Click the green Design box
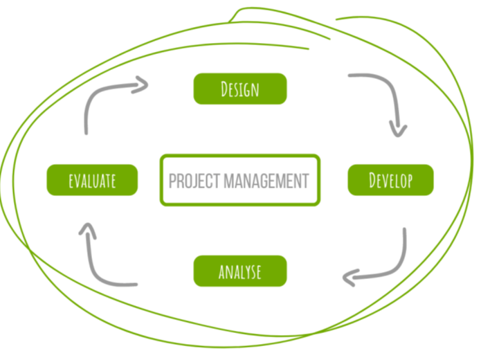tap(239, 89)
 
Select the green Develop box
tap(390, 180)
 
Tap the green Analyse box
tap(239, 271)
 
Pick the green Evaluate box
tap(92, 180)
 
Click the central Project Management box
tap(239, 180)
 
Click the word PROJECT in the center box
tap(194, 181)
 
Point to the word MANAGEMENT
tap(265, 181)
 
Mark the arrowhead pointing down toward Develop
tap(398, 128)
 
